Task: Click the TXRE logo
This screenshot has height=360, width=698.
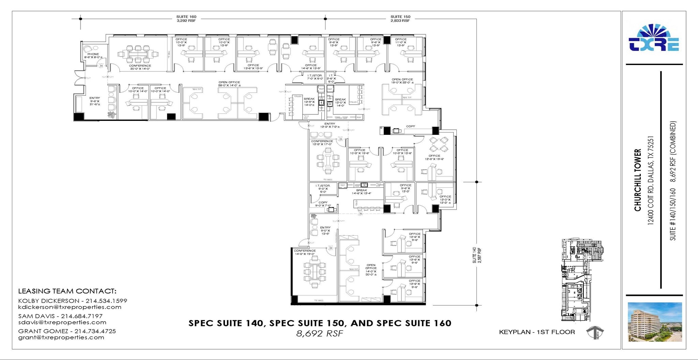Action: click(x=654, y=38)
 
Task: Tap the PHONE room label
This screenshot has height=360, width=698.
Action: click(x=93, y=56)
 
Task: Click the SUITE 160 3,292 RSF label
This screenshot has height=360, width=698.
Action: click(x=186, y=18)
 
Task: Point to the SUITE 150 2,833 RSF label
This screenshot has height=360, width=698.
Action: click(x=400, y=18)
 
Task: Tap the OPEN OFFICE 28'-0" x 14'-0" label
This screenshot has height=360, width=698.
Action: click(x=229, y=84)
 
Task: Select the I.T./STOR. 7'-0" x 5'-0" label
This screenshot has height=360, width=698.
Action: click(x=315, y=77)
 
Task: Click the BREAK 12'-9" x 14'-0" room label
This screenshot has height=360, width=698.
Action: click(x=309, y=102)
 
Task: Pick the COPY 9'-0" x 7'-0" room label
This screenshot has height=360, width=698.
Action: click(x=323, y=204)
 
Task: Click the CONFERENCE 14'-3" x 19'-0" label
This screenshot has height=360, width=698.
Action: click(x=305, y=252)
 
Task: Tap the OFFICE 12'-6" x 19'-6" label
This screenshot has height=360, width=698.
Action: click(x=434, y=157)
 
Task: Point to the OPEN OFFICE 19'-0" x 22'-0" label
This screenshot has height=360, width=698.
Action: click(x=402, y=81)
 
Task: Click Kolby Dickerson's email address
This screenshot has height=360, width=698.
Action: click(x=70, y=307)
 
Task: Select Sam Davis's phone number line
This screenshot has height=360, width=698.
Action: click(x=60, y=316)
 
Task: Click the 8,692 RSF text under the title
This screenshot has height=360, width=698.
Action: click(x=319, y=333)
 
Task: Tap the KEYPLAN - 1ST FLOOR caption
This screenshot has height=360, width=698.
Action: click(x=537, y=332)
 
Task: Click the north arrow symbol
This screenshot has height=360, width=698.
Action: click(x=595, y=332)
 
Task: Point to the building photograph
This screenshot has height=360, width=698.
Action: click(x=655, y=322)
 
